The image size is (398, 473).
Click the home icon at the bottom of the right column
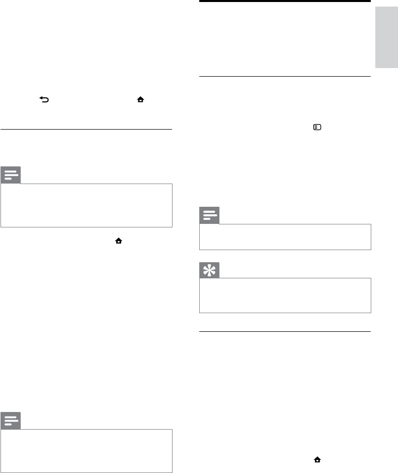(318, 459)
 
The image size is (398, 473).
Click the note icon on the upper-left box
(11, 175)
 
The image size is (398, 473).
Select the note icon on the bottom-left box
(11, 420)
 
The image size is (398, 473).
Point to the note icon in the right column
(210, 216)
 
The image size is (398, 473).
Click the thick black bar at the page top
(285, 2)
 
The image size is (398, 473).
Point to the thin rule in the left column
(86, 130)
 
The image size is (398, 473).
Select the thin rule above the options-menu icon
(285, 77)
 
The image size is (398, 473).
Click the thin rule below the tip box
(285, 331)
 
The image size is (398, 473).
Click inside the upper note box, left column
(86, 205)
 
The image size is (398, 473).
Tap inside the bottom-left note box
(86, 450)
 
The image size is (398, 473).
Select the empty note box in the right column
(285, 237)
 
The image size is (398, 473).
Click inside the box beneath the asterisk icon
(285, 295)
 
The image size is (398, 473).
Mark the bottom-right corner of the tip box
(370, 313)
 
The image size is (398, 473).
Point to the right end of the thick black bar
(369, 2)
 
